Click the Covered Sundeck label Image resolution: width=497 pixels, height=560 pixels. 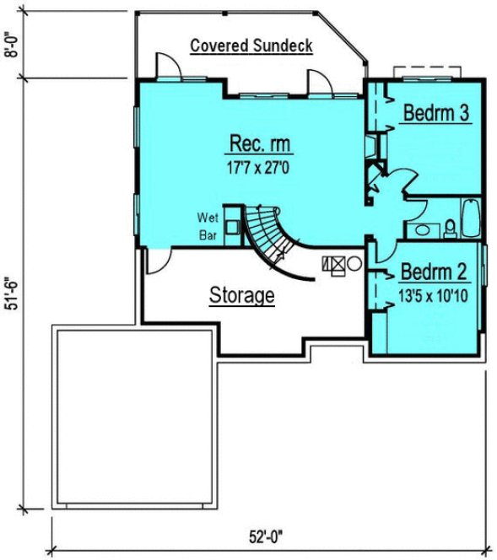pyautogui.click(x=251, y=46)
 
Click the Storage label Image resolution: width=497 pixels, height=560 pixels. pyautogui.click(x=241, y=295)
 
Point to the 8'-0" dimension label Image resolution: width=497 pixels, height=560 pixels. pyautogui.click(x=11, y=44)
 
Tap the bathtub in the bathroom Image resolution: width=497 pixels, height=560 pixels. pyautogui.click(x=470, y=218)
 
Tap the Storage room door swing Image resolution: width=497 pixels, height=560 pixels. pyautogui.click(x=157, y=262)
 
